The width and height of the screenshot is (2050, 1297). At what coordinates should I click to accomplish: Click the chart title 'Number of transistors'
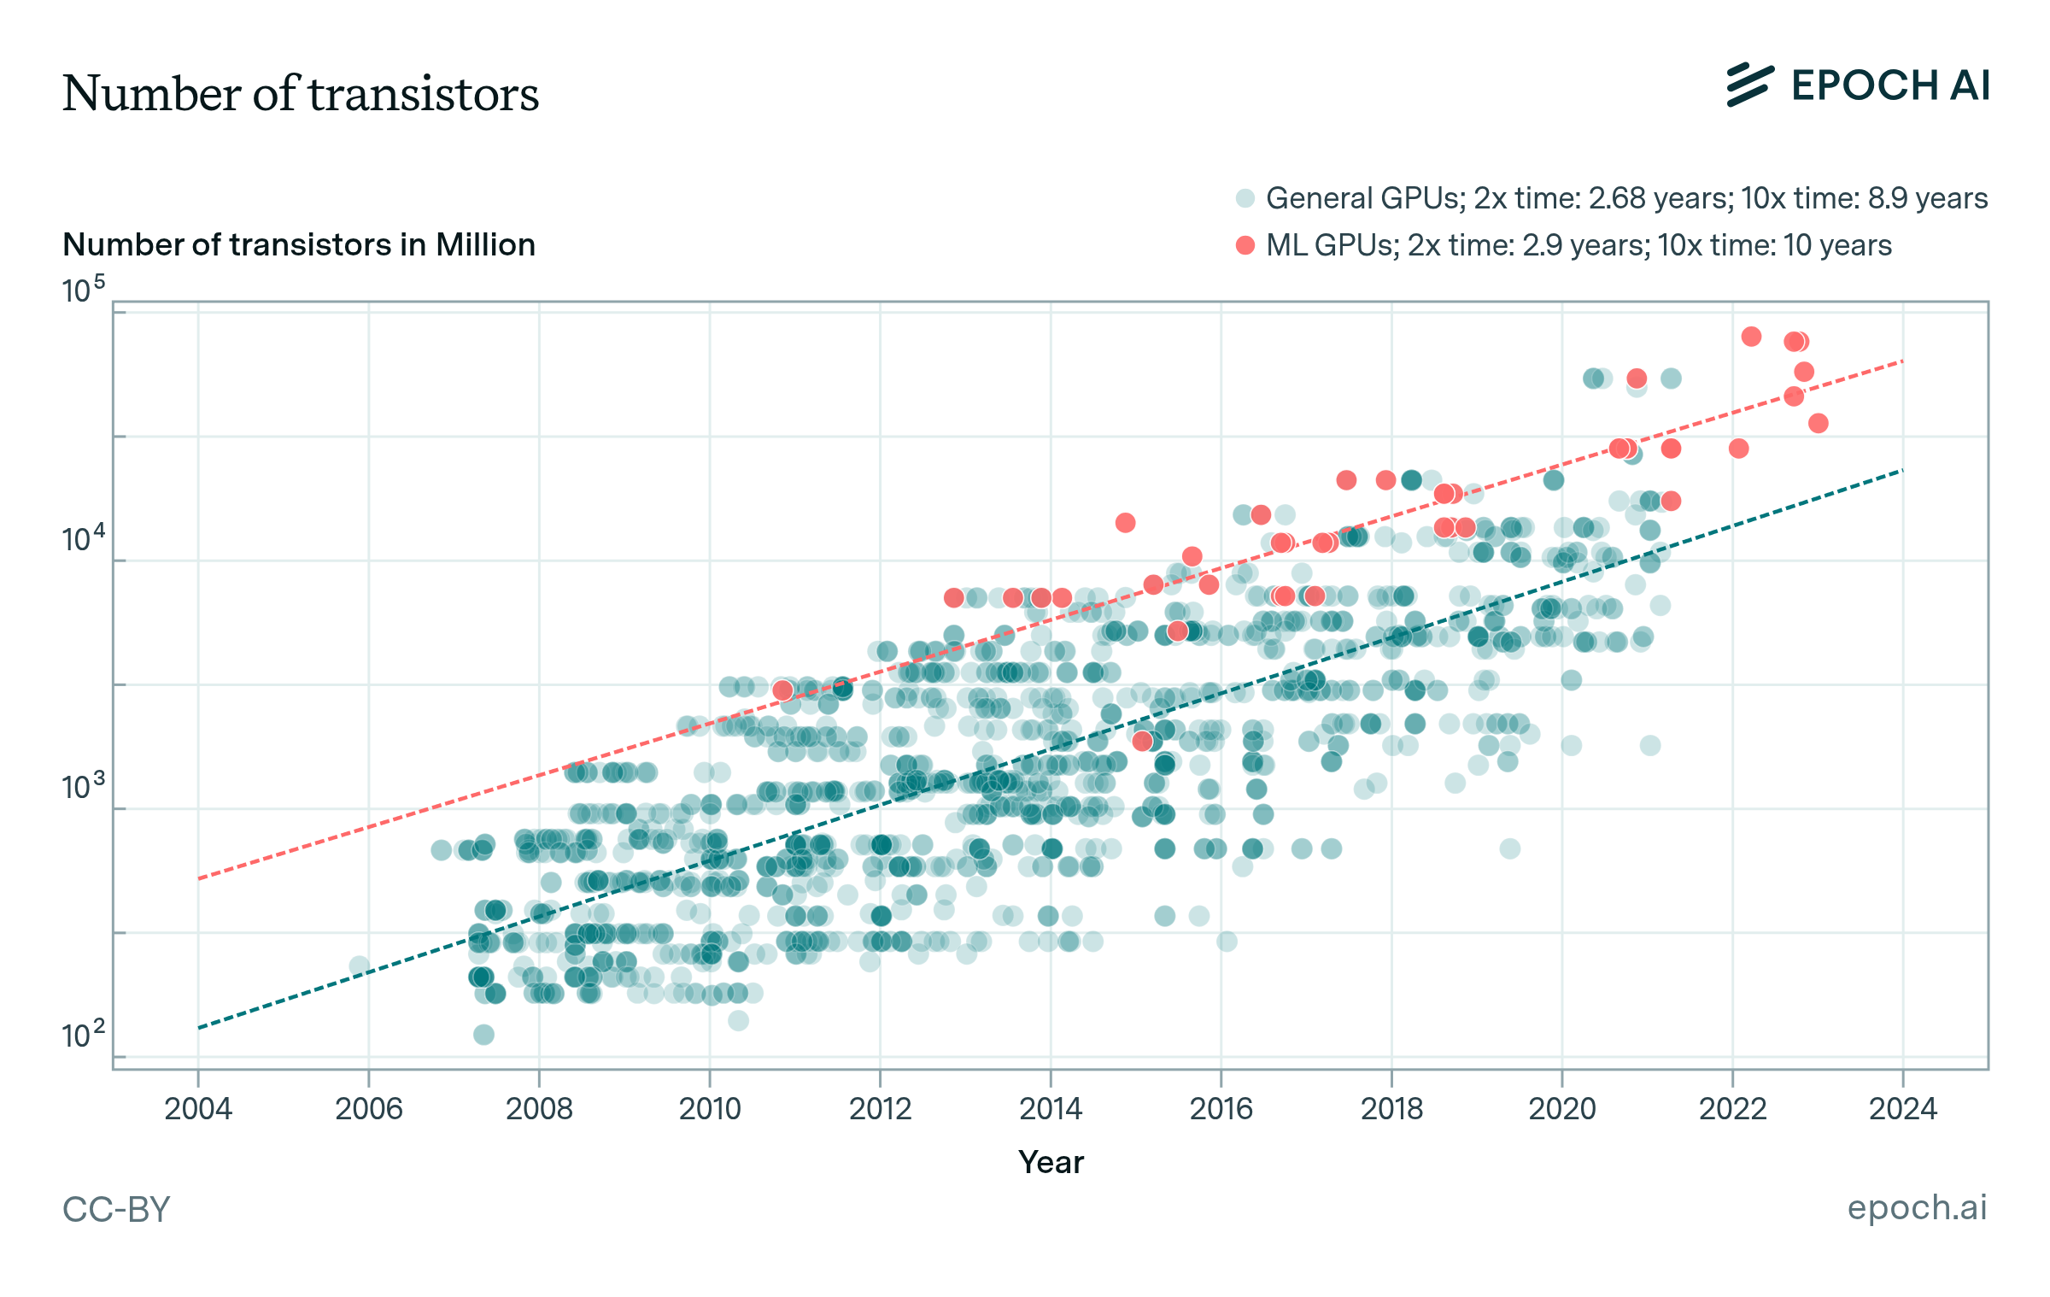[x=301, y=94]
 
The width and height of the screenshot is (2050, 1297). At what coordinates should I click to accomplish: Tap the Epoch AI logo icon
[x=1749, y=85]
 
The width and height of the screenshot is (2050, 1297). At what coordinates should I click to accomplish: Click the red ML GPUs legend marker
[x=1245, y=246]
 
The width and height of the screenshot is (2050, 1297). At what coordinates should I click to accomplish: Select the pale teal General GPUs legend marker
[x=1245, y=198]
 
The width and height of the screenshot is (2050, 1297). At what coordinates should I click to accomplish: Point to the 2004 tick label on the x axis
[x=198, y=1109]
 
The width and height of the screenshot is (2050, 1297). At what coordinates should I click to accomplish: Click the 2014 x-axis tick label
[x=1051, y=1109]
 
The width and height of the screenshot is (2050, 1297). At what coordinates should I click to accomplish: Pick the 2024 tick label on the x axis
[x=1902, y=1109]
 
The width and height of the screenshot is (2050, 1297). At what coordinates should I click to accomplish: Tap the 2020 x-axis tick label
[x=1561, y=1109]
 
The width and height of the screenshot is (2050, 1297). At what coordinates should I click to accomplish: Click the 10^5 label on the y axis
[x=83, y=291]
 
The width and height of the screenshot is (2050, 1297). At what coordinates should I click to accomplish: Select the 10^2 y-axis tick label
[x=83, y=1036]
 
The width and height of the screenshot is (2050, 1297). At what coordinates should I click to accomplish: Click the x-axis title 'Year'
[x=1051, y=1163]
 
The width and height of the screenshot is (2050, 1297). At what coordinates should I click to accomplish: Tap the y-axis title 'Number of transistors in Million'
[x=299, y=245]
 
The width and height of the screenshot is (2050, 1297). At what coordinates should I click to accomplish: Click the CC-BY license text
[x=116, y=1210]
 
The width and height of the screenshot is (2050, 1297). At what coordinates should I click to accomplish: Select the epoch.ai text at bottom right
[x=1917, y=1208]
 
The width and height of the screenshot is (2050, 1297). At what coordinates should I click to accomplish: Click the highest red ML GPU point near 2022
[x=1751, y=337]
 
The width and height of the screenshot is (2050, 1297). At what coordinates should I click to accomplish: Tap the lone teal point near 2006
[x=360, y=966]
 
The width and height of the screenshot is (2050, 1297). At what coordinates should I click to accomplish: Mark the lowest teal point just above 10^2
[x=483, y=1035]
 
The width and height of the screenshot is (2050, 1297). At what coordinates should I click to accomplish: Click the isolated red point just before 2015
[x=1125, y=522]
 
